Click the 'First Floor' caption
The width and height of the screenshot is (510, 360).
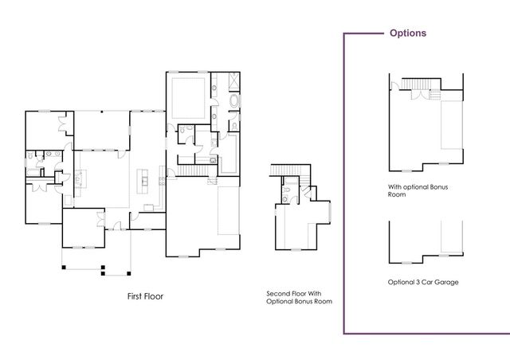click(x=146, y=296)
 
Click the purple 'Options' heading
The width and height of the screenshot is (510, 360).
click(x=407, y=33)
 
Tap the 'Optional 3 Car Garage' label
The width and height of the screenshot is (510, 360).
click(x=423, y=282)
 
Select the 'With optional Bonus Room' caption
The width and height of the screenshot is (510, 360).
click(x=413, y=190)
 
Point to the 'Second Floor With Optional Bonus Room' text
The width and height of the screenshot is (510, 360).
click(x=299, y=298)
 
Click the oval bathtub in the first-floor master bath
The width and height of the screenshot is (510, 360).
click(x=233, y=102)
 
